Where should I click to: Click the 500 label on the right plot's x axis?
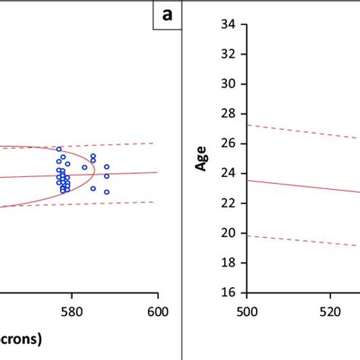[246, 310]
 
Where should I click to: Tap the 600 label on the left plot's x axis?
[157, 310]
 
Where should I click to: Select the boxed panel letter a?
[167, 15]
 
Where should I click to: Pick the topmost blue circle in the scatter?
[59, 150]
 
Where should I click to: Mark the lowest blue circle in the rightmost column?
[106, 192]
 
